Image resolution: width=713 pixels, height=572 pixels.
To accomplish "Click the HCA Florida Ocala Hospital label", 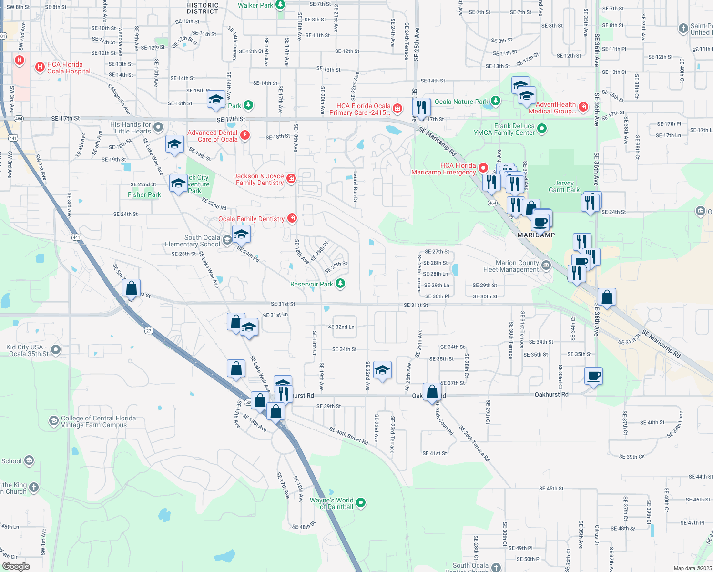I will pyautogui.click(x=69, y=68).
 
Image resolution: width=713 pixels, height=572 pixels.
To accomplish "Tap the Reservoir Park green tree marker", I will pyautogui.click(x=340, y=284).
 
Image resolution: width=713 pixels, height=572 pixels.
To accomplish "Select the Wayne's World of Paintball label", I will pyautogui.click(x=332, y=503).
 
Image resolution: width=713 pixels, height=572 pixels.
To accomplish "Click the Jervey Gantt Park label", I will pyautogui.click(x=564, y=186).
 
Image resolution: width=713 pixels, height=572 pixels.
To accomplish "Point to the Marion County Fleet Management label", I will pyautogui.click(x=511, y=266).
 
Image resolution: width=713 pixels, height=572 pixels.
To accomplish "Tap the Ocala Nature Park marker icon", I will pyautogui.click(x=496, y=101).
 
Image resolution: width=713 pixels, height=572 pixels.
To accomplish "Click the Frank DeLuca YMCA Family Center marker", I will pyautogui.click(x=541, y=129).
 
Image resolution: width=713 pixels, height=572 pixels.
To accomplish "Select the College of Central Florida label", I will pyautogui.click(x=98, y=421).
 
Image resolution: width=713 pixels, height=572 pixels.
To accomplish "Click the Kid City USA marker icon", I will pyautogui.click(x=56, y=350).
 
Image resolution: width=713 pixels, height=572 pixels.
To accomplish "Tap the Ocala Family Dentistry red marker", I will pyautogui.click(x=292, y=218).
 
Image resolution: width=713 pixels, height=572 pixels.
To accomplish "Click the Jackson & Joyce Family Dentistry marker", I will pyautogui.click(x=291, y=179).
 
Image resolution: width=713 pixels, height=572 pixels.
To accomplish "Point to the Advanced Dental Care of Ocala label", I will pyautogui.click(x=213, y=136).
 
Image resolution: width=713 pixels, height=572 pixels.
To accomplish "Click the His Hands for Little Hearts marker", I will pyautogui.click(x=158, y=128).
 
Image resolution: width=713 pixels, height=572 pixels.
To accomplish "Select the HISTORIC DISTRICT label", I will pyautogui.click(x=203, y=8).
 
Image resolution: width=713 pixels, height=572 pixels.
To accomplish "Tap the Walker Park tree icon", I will pyautogui.click(x=280, y=5).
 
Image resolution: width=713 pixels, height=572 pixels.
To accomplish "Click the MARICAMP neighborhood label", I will pyautogui.click(x=536, y=235).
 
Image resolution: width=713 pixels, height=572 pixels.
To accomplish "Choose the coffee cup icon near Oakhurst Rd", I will pyautogui.click(x=593, y=376).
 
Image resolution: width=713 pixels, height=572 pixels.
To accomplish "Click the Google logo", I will pyautogui.click(x=16, y=566).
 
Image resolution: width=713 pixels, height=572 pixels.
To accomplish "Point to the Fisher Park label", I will pyautogui.click(x=144, y=194).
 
